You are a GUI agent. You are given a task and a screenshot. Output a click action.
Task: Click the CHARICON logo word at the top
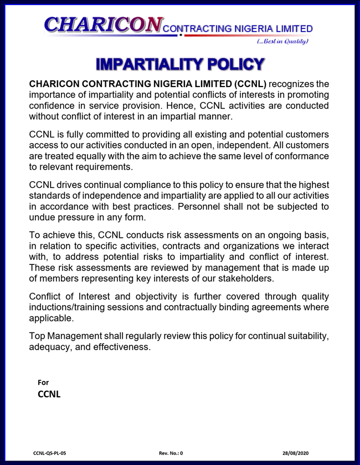[104, 24]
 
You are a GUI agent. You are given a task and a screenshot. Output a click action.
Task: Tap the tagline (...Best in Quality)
[282, 41]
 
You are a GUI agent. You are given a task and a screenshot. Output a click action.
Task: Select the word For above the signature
[43, 382]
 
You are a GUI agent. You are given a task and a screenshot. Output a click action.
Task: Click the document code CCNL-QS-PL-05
[53, 453]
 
